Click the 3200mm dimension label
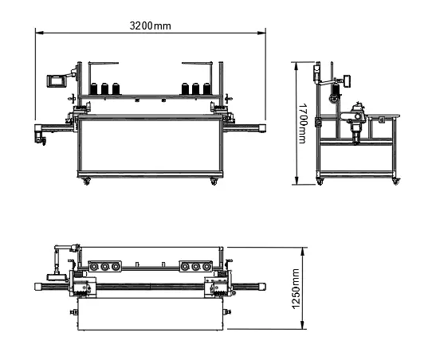[x=150, y=26]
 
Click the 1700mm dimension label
[x=302, y=123]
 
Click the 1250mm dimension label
[x=296, y=289]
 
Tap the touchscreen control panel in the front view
[x=57, y=80]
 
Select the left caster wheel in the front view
[x=87, y=182]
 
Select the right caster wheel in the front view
[x=214, y=182]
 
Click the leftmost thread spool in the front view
[x=93, y=89]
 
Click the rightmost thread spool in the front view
[x=206, y=89]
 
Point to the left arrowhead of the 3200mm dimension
[x=39, y=33]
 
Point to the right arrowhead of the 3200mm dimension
[x=262, y=33]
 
